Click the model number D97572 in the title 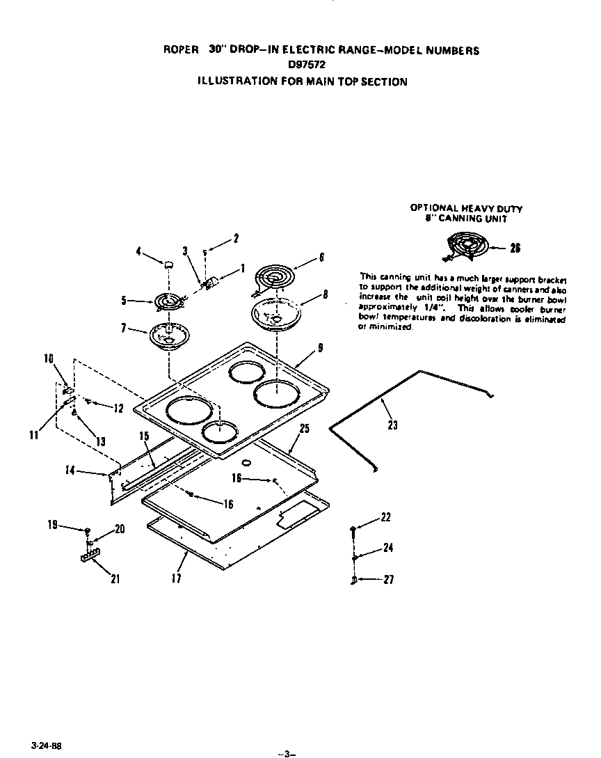(307, 65)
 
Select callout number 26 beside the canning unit (515, 248)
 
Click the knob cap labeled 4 (168, 264)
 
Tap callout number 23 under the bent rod (392, 425)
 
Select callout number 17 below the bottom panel (177, 578)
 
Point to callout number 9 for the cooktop (319, 349)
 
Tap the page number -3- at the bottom (286, 752)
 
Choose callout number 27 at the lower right (389, 579)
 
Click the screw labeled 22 (354, 530)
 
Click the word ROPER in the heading (177, 50)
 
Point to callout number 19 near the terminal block (53, 526)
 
